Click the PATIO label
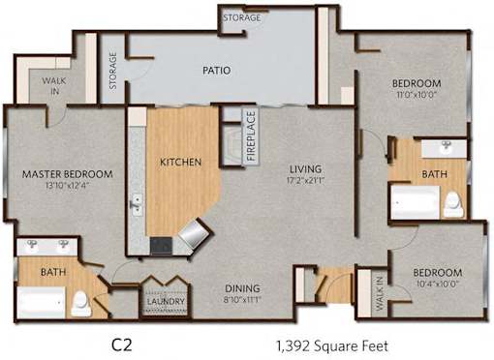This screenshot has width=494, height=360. [x=217, y=71]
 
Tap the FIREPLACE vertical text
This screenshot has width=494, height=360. [x=252, y=135]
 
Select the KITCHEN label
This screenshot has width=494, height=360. [x=181, y=162]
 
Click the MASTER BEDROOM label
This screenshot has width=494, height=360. [x=68, y=174]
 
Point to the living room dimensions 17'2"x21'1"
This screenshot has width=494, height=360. [x=305, y=180]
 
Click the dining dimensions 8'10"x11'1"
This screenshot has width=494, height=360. [x=242, y=299]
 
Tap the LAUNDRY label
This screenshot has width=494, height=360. [x=166, y=301]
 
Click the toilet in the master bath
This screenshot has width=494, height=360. [x=81, y=303]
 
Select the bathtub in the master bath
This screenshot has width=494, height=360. [x=41, y=303]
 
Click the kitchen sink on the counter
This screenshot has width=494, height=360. [x=138, y=204]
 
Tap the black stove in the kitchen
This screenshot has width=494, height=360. [x=161, y=246]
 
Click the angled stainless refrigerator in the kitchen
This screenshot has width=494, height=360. [x=195, y=233]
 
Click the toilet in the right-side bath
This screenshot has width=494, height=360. [x=453, y=204]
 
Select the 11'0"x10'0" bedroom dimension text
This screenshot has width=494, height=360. [x=417, y=95]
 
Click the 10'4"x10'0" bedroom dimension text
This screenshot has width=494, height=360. [x=438, y=284]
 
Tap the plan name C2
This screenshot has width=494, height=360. [x=122, y=345]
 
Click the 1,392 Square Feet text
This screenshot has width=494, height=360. [x=332, y=346]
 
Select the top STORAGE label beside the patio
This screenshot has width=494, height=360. [x=242, y=17]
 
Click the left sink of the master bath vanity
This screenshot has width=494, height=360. [x=32, y=244]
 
